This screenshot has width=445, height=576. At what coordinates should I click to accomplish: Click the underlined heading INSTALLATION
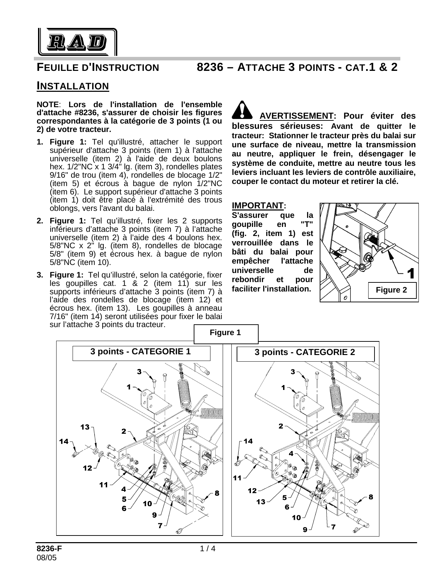click(73, 86)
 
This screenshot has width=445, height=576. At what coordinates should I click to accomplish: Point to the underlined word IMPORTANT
click(258, 205)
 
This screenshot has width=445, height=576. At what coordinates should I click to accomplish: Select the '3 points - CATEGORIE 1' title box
click(141, 352)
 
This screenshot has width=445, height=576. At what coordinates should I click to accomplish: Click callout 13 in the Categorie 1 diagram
click(85, 427)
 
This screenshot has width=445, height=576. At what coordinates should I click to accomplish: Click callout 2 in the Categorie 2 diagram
click(281, 426)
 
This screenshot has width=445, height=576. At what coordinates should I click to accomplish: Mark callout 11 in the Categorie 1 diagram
click(104, 485)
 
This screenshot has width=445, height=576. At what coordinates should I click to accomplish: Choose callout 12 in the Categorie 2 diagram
click(252, 491)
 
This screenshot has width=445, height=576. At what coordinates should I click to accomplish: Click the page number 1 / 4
click(208, 548)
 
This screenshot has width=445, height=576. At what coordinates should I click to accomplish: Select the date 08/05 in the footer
click(47, 557)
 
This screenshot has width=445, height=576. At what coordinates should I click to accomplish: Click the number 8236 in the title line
click(209, 67)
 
